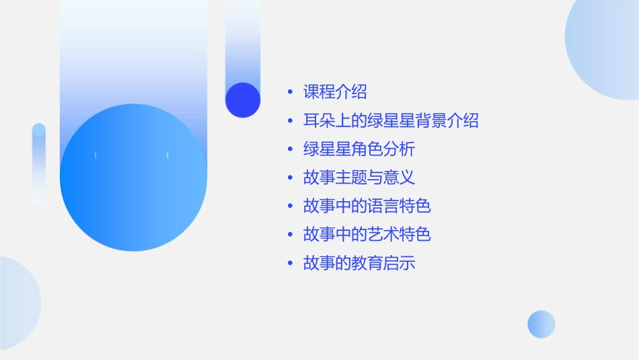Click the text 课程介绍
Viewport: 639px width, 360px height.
pyautogui.click(x=335, y=92)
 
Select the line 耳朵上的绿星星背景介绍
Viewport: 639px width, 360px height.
pyautogui.click(x=391, y=120)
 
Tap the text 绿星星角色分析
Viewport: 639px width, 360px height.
pyautogui.click(x=359, y=149)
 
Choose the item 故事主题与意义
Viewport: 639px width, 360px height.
pyautogui.click(x=359, y=178)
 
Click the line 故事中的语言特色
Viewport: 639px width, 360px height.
pyautogui.click(x=367, y=206)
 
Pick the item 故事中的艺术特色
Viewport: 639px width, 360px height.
pyautogui.click(x=367, y=234)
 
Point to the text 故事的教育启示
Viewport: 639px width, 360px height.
pyautogui.click(x=359, y=262)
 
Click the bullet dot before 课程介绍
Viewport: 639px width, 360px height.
pyautogui.click(x=290, y=92)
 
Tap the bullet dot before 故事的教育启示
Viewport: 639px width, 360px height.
pyautogui.click(x=290, y=263)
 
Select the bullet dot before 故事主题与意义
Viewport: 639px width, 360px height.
pyautogui.click(x=290, y=178)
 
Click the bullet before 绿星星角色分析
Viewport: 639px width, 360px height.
pyautogui.click(x=290, y=149)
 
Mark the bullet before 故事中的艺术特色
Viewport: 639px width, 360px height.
pyautogui.click(x=290, y=235)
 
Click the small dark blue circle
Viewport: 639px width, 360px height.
pyautogui.click(x=243, y=100)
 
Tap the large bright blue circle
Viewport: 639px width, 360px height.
pyautogui.click(x=133, y=178)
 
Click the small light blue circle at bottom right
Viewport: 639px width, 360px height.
pyautogui.click(x=541, y=324)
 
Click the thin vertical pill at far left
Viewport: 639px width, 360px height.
pyautogui.click(x=39, y=164)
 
